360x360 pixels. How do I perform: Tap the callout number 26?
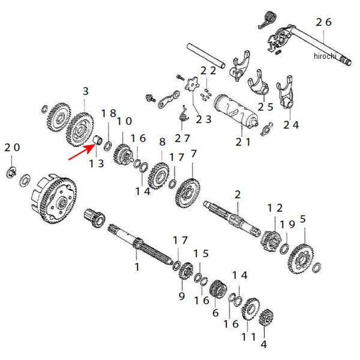click(323, 22)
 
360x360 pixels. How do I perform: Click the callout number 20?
click(12, 148)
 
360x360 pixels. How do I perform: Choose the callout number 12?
click(275, 207)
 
